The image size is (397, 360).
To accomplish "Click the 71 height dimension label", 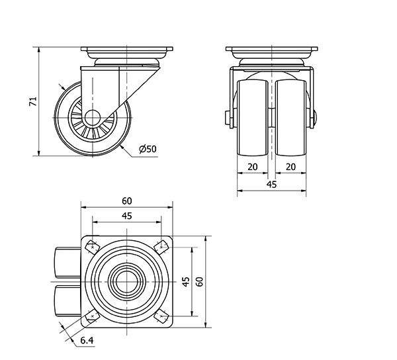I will coord(31,101).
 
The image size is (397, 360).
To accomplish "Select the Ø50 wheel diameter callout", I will coord(148,150).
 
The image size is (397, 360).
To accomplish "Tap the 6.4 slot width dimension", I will coord(86,341).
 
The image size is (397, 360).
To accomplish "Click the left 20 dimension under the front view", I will coord(252,167).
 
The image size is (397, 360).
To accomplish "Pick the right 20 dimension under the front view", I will coord(290,167).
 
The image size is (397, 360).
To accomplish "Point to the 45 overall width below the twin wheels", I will coord(271,185).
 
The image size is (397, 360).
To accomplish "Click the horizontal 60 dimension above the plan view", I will coord(127,201).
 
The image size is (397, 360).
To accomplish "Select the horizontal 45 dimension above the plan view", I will coord(127,216).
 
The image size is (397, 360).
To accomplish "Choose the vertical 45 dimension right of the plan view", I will coord(186,281).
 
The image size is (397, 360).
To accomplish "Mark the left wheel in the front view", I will coord(252,116).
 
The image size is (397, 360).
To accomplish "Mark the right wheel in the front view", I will coord(291,116).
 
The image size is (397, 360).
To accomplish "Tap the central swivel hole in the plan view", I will coord(127,281).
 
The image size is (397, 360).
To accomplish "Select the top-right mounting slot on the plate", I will coord(161,247).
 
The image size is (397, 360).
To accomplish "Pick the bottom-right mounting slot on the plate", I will coord(161,316).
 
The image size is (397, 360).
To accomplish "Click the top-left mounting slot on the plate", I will coord(91,247).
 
